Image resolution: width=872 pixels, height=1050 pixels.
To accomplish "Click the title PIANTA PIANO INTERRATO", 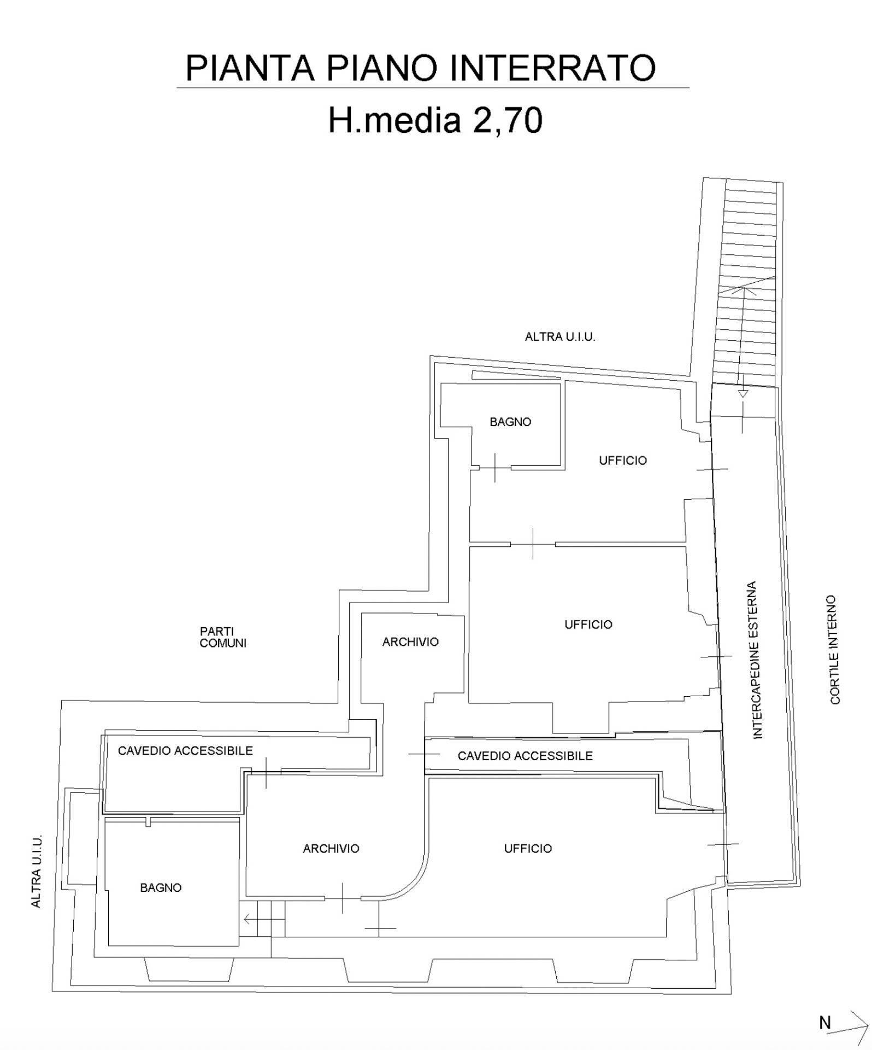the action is (x=421, y=68).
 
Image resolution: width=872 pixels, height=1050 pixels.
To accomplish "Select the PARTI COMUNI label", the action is (x=223, y=637).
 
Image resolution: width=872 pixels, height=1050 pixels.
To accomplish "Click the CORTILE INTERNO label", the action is (x=834, y=649).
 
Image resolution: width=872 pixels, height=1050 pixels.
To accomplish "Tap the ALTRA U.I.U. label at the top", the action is (x=560, y=337).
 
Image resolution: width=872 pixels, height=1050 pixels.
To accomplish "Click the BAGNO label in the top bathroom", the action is (x=510, y=422).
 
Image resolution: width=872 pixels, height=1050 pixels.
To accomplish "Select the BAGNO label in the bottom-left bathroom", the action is (x=161, y=888).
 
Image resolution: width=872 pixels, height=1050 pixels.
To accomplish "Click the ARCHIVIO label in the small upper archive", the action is (x=410, y=641).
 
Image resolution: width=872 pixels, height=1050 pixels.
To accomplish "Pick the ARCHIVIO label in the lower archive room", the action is (x=331, y=848).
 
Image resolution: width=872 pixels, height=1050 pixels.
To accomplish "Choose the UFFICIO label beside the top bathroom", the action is (x=623, y=460).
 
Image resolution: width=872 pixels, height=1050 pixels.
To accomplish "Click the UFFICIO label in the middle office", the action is (x=588, y=624).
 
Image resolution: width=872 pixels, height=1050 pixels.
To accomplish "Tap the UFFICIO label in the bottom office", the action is (x=528, y=848).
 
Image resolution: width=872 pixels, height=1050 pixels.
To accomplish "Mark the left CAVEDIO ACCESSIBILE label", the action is (x=185, y=751).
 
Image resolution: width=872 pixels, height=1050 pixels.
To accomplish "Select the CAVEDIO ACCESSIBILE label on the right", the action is (x=525, y=756).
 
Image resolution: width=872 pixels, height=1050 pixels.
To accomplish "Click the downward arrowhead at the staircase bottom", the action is (x=742, y=394).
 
